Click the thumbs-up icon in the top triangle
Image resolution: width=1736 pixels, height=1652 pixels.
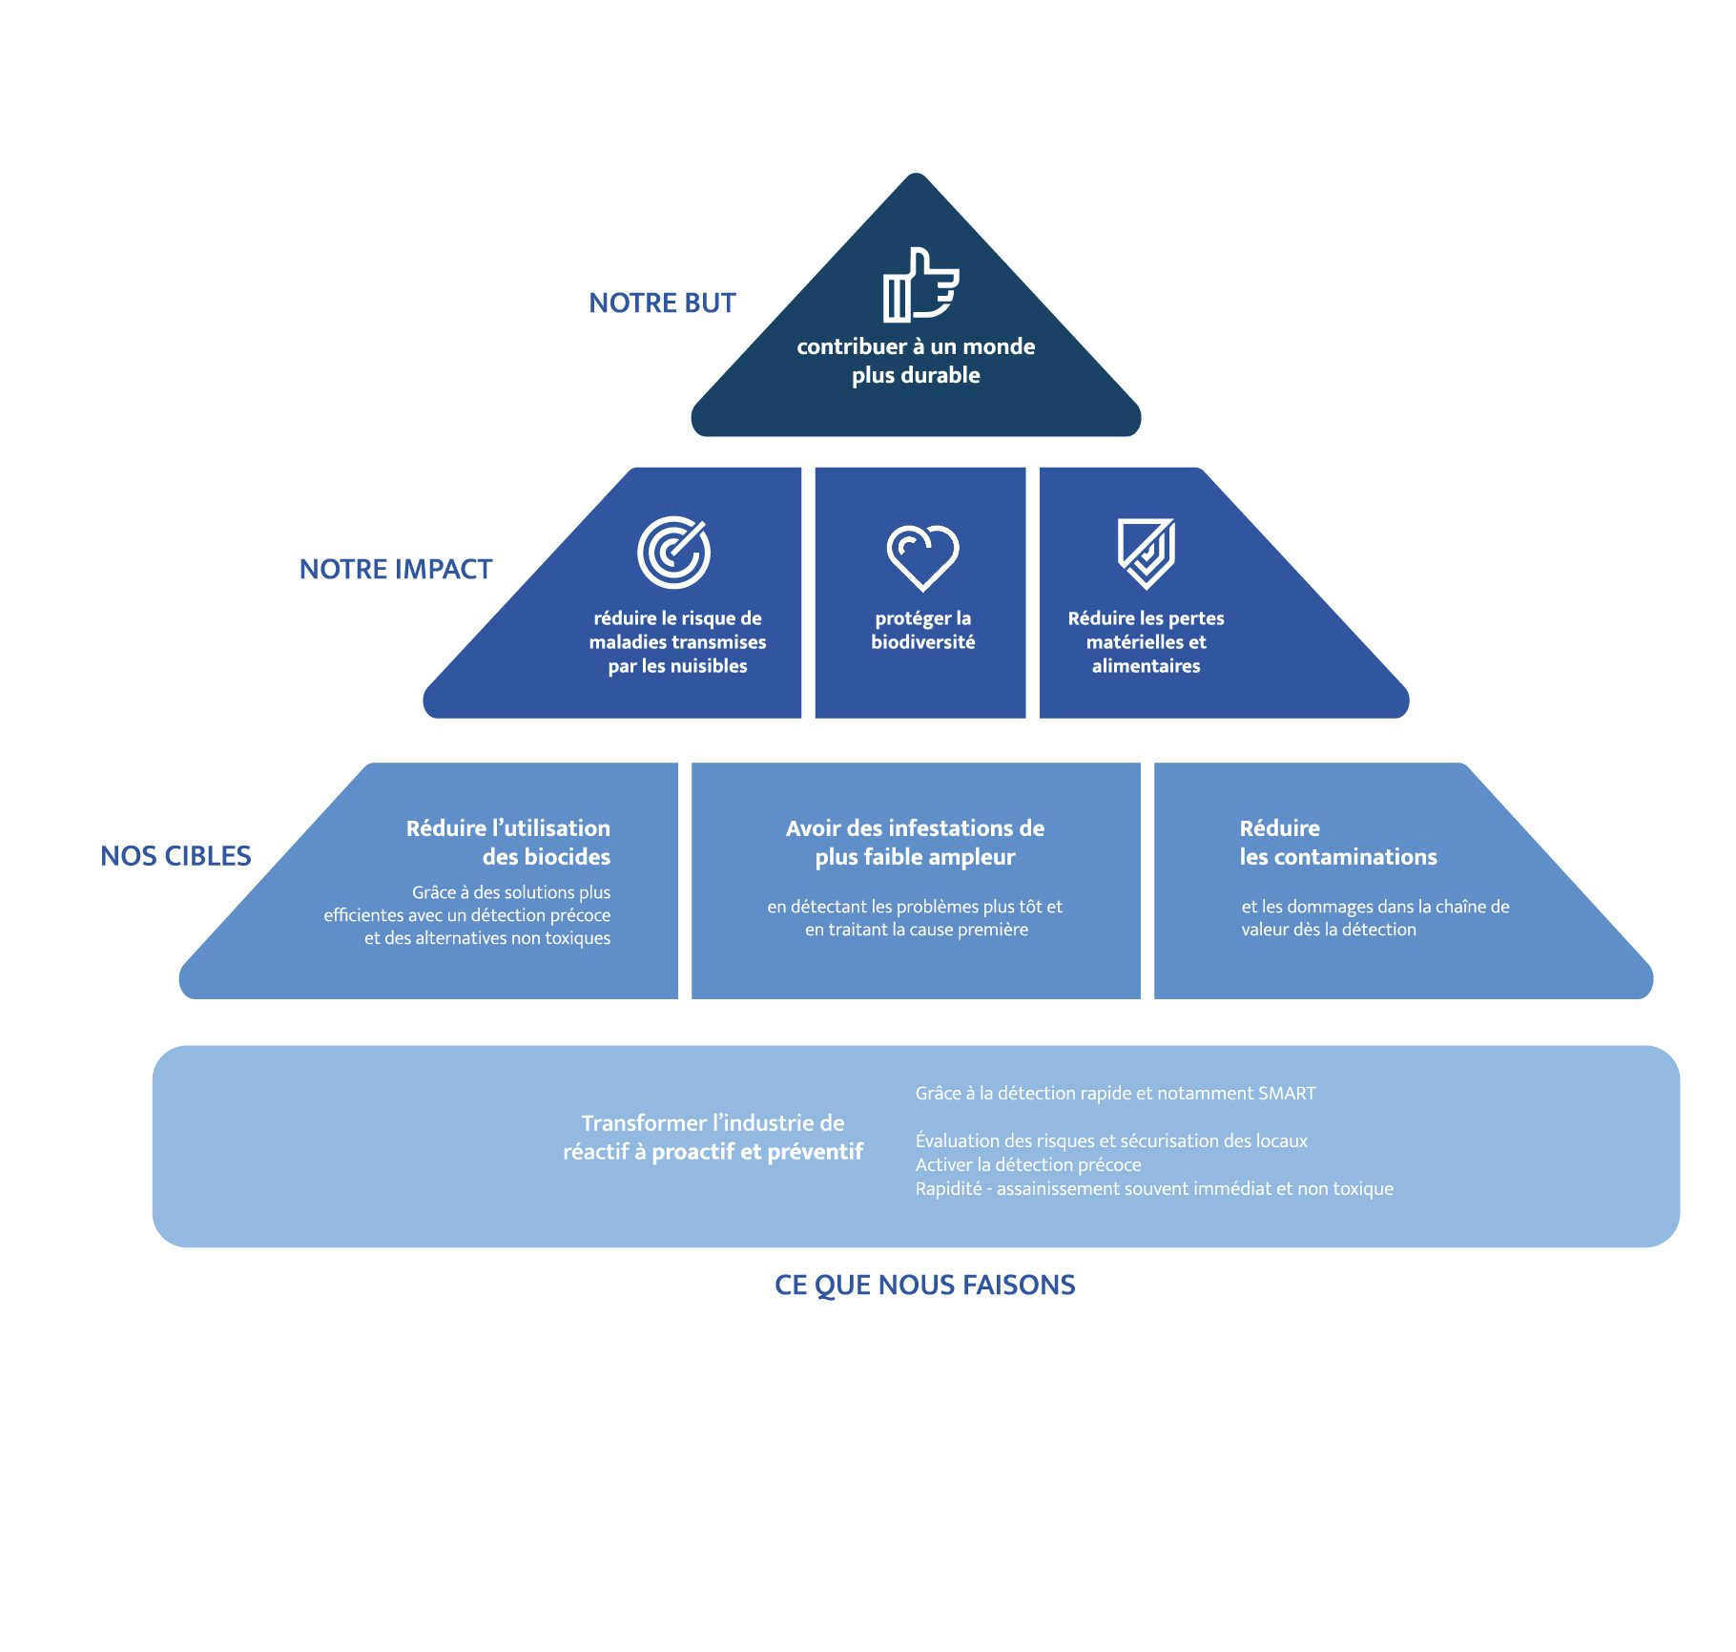coord(920,284)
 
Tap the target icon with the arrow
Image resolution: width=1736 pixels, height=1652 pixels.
coord(673,553)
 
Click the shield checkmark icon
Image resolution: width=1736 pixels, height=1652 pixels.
coord(1146,554)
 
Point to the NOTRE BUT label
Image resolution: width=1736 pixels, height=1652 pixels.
coord(662,303)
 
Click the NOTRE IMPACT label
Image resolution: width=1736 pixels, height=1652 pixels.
coord(396,570)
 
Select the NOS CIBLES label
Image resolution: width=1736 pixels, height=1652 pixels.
coord(176,856)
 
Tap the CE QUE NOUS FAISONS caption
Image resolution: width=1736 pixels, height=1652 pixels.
coord(924,1286)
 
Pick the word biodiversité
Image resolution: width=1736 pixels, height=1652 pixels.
coord(922,642)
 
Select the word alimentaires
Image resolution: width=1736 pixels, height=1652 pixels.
coord(1146,666)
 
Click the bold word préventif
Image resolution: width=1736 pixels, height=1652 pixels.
coord(815,1152)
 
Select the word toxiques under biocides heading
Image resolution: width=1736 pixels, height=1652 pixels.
coord(577,938)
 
